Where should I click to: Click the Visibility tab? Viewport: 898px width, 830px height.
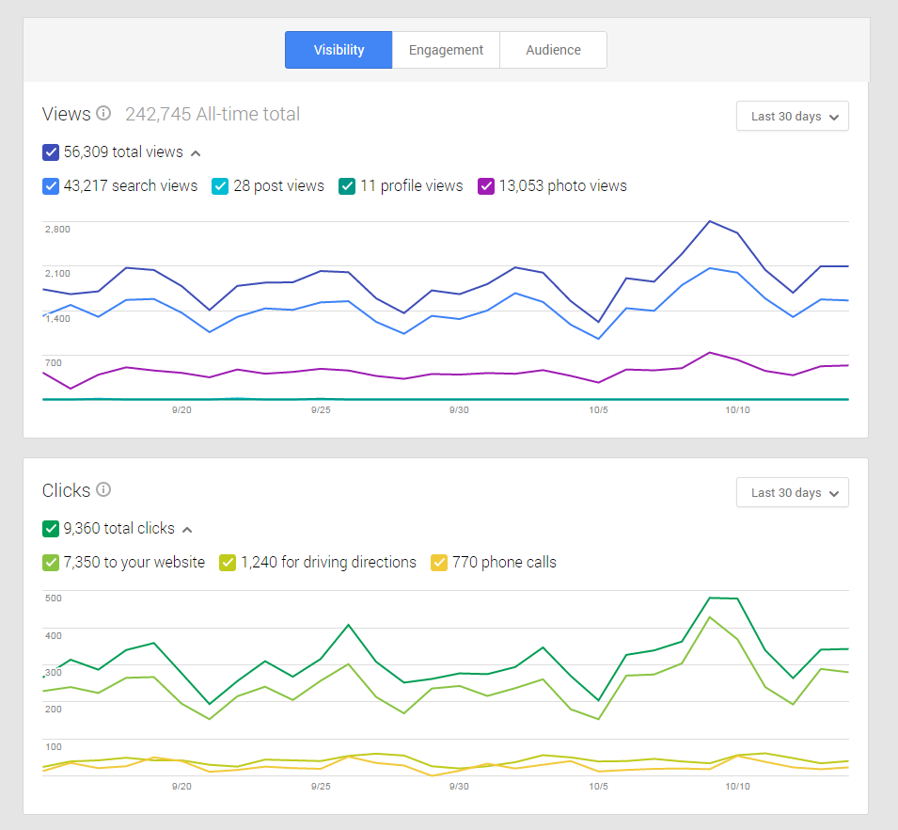tap(339, 50)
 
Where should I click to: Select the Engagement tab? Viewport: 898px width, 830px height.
tap(446, 50)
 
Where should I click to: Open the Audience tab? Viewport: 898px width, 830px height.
tap(553, 50)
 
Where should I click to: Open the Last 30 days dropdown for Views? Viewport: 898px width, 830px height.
tap(793, 117)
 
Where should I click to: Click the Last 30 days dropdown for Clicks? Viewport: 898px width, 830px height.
tap(793, 492)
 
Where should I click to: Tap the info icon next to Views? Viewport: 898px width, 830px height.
tap(103, 114)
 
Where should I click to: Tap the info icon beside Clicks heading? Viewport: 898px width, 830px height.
tap(103, 489)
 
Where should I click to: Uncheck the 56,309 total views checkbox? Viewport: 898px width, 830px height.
tap(51, 152)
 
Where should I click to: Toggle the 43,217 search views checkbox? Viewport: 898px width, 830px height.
tap(51, 185)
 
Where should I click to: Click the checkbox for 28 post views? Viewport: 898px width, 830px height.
tap(220, 185)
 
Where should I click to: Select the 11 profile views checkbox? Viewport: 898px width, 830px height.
tap(347, 185)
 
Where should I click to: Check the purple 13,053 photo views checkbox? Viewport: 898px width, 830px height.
tap(486, 185)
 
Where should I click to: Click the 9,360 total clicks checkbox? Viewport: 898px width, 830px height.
tap(51, 528)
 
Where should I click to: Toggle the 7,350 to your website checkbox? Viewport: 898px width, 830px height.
tap(51, 562)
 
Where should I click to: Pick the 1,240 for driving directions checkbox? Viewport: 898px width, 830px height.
tap(228, 562)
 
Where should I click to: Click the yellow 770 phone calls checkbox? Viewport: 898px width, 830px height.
tap(439, 562)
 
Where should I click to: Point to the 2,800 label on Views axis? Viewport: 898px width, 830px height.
tap(57, 229)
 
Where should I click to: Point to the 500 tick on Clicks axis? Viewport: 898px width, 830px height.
tap(53, 598)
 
